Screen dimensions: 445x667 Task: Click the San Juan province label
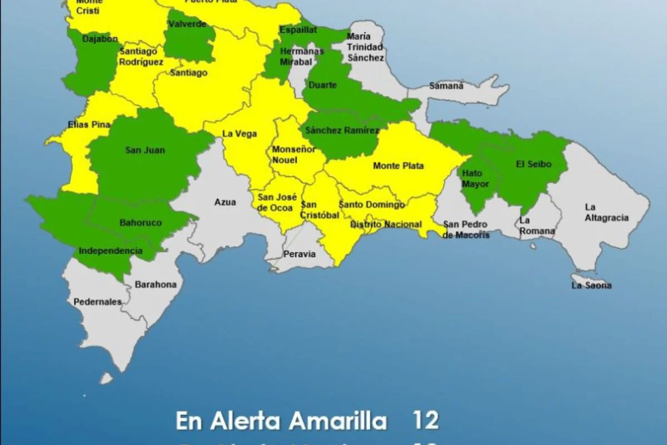pos(145,150)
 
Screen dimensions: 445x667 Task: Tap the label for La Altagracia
pos(606,212)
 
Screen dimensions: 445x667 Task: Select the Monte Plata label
pos(399,166)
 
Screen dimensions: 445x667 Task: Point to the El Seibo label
pos(534,164)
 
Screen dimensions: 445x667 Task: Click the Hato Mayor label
pos(476,179)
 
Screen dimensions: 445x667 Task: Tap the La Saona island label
pos(591,285)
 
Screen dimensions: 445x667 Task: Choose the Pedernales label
pos(97,302)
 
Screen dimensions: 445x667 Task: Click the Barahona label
pos(156,284)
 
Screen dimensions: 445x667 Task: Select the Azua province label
pos(225,202)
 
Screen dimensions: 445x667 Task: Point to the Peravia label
pos(300,254)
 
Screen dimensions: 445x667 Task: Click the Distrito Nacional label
pos(386,224)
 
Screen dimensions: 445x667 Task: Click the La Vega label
pos(240,133)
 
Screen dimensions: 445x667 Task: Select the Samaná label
pos(446,86)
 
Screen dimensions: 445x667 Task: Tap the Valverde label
pos(187,24)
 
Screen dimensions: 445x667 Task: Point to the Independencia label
pos(111,251)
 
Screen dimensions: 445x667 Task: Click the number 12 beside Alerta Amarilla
pos(426,421)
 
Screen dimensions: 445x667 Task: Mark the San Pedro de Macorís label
pos(466,230)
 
